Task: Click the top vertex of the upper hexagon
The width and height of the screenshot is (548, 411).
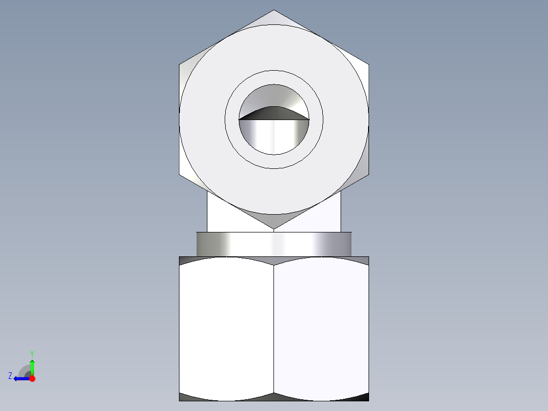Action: [274, 10]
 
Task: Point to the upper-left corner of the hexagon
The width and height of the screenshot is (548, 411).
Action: [179, 65]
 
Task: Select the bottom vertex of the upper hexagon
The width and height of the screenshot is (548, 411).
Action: [274, 229]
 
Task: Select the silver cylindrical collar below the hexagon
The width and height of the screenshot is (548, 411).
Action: [273, 244]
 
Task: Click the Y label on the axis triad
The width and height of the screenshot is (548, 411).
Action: [32, 353]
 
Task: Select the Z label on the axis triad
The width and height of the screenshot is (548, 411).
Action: [10, 376]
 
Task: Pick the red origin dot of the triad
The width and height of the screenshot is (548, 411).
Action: [32, 378]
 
